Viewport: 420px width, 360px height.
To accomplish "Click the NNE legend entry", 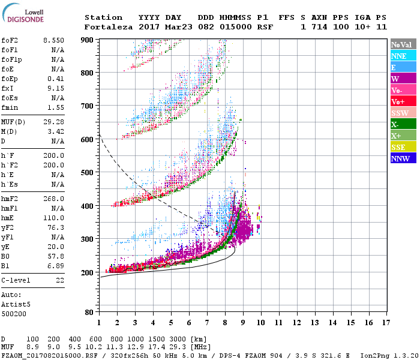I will click(403, 56).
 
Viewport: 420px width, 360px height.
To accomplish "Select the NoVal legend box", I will click(403, 44).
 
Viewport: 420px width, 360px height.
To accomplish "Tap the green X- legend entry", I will click(403, 124).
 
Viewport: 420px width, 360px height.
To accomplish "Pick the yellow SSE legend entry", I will click(403, 147).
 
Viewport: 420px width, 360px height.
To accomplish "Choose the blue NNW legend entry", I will click(403, 158).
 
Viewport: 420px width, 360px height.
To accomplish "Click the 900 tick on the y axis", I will click(88, 40).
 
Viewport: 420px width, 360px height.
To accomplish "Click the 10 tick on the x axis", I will click(260, 322).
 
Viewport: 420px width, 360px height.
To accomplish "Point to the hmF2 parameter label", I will click(11, 199).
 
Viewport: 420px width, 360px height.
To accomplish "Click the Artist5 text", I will click(14, 304).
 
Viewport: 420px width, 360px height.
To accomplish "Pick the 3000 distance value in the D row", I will click(179, 340).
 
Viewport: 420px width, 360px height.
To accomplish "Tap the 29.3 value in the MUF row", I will click(179, 347).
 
